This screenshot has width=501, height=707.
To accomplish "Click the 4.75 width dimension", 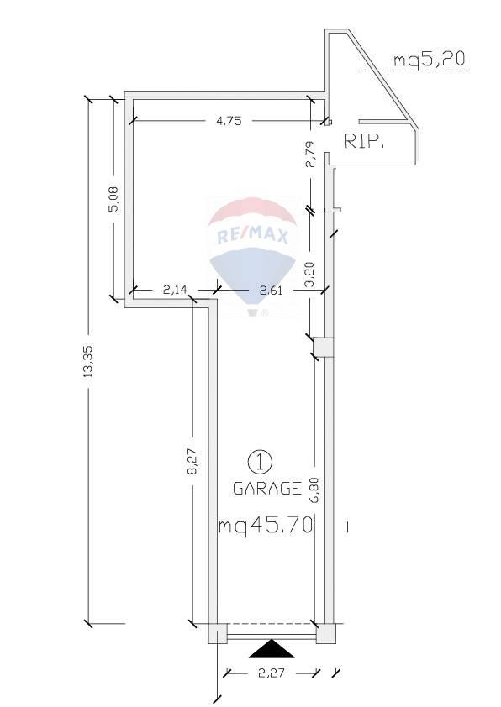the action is click(x=229, y=121).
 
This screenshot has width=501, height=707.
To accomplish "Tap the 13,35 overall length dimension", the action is click(x=88, y=361).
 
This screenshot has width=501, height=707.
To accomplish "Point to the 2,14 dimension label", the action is click(x=175, y=290).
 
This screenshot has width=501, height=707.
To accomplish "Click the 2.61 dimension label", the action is click(x=272, y=290).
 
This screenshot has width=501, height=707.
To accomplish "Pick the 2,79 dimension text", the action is click(x=310, y=154).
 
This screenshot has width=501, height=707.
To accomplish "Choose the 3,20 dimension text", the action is click(x=310, y=275).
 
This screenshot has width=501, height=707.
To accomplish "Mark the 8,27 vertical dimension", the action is click(x=192, y=461).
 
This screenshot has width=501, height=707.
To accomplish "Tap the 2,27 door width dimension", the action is click(x=272, y=673).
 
